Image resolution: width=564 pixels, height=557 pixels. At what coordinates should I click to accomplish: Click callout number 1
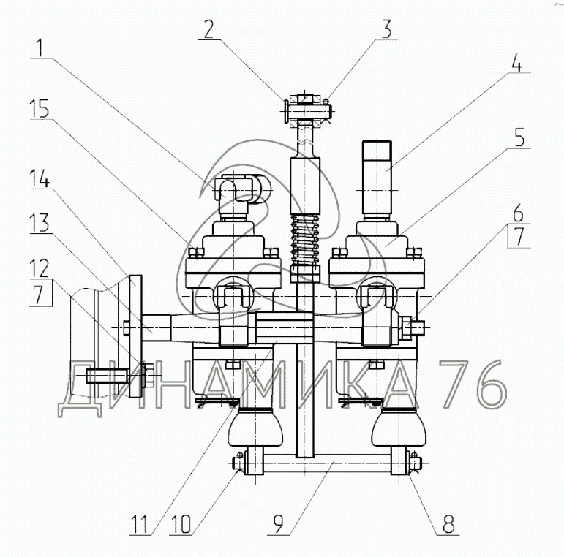point(40,48)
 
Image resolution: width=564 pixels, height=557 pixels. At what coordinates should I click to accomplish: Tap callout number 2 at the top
point(208,29)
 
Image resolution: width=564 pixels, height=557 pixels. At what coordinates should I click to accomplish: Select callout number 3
point(386,29)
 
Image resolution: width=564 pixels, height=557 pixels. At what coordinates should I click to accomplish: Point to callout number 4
point(516,62)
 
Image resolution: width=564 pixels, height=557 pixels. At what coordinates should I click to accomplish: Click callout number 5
point(520,137)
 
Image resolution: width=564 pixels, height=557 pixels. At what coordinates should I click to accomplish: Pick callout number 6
point(519,213)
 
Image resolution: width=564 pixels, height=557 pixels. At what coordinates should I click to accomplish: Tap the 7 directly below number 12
point(40,294)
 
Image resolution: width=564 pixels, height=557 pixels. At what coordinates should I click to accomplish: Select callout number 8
point(448,523)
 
